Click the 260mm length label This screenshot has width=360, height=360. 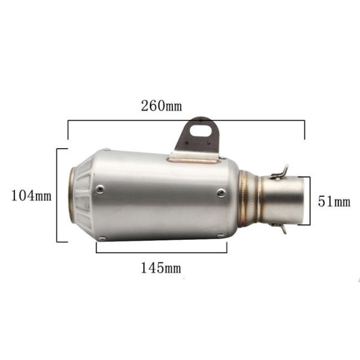(x=161, y=106)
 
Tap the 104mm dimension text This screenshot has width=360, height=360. (x=31, y=196)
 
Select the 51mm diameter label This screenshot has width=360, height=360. (x=334, y=202)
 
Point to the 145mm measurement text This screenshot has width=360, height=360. (x=161, y=268)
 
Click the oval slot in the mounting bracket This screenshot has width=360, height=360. (x=200, y=130)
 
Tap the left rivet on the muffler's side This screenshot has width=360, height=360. (x=100, y=189)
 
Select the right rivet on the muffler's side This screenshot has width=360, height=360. (x=221, y=193)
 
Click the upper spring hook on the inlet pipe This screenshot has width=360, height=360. (x=280, y=173)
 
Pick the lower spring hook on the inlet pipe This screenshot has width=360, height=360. (x=279, y=227)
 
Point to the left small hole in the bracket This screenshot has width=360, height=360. (x=187, y=143)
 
